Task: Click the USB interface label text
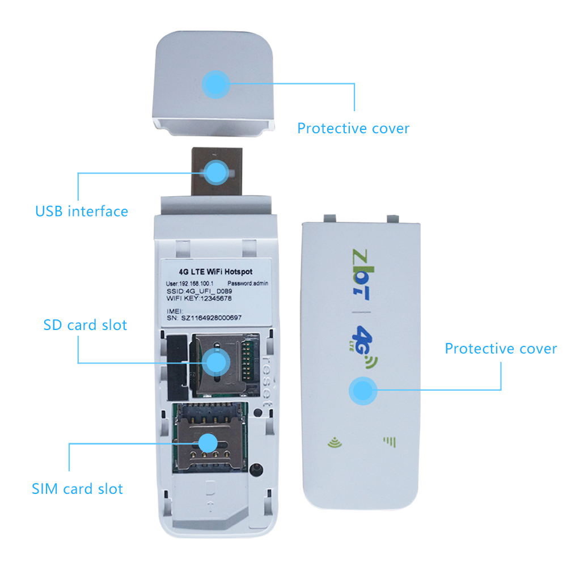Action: [82, 211]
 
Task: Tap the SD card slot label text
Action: [85, 325]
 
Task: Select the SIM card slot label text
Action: [77, 488]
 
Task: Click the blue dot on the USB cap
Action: [215, 83]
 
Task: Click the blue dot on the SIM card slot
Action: [208, 443]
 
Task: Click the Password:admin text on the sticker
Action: [248, 282]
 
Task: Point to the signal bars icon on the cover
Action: [390, 441]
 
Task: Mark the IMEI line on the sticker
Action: [174, 311]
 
